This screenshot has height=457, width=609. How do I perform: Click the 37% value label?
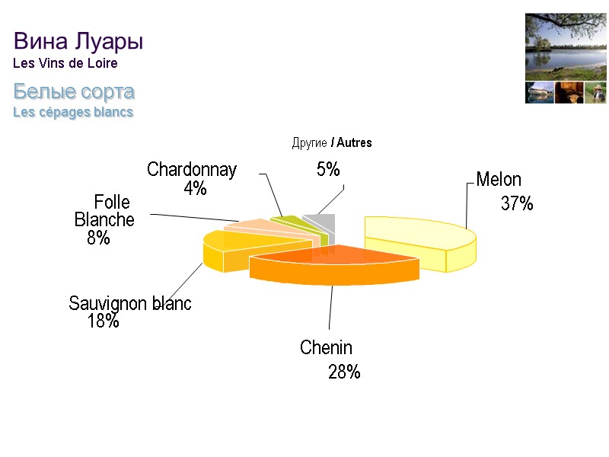(x=516, y=203)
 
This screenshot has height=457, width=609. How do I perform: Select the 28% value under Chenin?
(x=344, y=372)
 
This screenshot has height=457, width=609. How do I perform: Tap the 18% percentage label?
(x=104, y=321)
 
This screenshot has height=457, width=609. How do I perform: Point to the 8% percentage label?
(x=98, y=238)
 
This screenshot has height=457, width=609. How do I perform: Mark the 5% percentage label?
(x=328, y=170)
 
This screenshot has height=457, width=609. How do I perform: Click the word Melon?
(x=499, y=180)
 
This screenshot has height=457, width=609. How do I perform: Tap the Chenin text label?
(x=326, y=348)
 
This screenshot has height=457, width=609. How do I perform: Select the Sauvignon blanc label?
(x=130, y=303)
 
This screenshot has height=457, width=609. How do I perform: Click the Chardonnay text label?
(x=192, y=169)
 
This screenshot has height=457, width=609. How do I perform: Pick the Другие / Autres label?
(x=332, y=142)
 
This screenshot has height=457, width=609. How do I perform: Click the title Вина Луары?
(x=78, y=40)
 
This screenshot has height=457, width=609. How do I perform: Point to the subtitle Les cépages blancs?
(x=73, y=112)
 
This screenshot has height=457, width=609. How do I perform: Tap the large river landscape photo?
(x=565, y=46)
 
